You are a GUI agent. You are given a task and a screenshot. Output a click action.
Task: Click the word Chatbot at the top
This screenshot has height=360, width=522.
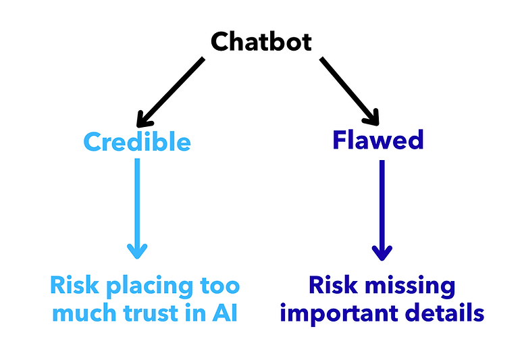(261, 42)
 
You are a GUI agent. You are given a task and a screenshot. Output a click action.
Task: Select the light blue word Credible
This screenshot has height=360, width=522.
(137, 142)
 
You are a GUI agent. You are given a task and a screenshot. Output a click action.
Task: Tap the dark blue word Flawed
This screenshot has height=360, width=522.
(378, 140)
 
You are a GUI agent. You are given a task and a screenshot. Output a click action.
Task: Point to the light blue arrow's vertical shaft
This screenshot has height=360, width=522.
(137, 203)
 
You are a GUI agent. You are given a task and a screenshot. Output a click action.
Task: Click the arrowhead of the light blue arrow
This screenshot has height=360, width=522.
(137, 252)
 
